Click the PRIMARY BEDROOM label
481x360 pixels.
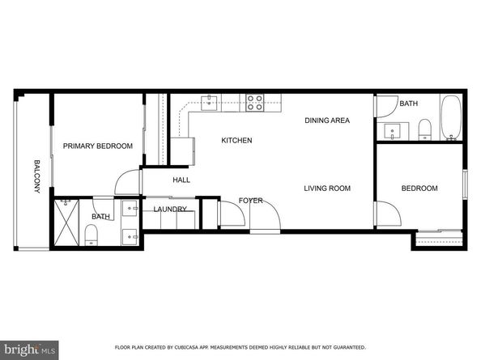(x=97, y=146)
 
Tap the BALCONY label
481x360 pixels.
(x=36, y=177)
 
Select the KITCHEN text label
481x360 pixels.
(x=236, y=141)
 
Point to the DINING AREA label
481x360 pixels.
(x=326, y=121)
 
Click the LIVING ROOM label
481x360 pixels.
(x=326, y=188)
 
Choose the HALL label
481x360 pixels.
(x=181, y=180)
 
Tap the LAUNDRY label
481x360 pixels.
(x=170, y=210)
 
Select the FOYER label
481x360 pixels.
(x=250, y=201)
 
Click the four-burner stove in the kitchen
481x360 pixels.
(x=254, y=102)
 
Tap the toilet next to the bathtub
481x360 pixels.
(x=424, y=128)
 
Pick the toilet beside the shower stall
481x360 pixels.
(x=90, y=235)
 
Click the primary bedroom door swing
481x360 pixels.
(x=126, y=183)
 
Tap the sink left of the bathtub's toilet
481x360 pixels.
(x=394, y=130)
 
